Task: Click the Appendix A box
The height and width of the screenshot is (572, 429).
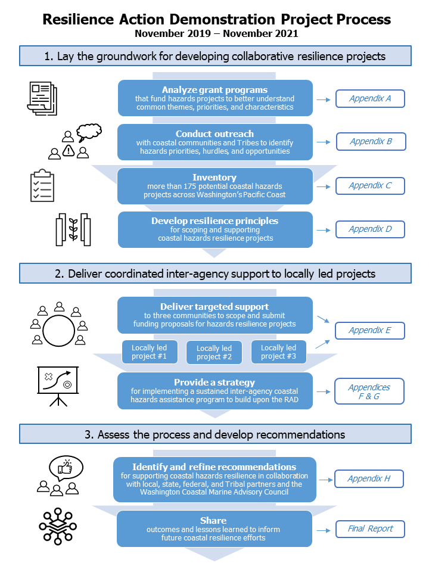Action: [x=370, y=98]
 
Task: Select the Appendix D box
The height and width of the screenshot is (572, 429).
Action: [x=370, y=229]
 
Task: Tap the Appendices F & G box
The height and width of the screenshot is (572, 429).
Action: [x=369, y=391]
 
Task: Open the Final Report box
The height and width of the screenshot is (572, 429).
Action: [x=370, y=529]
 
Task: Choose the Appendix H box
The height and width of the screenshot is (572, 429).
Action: [x=369, y=478]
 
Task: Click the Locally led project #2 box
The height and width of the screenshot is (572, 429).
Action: [x=214, y=352]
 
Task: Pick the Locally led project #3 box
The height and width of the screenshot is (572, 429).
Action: [x=279, y=352]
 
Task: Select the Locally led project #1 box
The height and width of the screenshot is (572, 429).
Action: [x=150, y=352]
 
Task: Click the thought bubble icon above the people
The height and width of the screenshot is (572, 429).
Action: [x=89, y=132]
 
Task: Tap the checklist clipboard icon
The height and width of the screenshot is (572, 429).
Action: [x=42, y=185]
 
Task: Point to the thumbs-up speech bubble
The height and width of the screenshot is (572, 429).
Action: [x=66, y=468]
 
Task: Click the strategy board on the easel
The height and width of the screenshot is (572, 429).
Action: [x=58, y=380]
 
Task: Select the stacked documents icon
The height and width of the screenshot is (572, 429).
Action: [x=42, y=98]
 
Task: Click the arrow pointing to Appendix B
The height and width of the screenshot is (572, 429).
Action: [x=323, y=142]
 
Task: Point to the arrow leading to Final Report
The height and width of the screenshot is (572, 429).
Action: [x=323, y=530]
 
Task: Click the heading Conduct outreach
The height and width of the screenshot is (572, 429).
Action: [x=214, y=134]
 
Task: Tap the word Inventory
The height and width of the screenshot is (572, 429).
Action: [x=214, y=178]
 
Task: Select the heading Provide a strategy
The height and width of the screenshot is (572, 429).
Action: [x=214, y=383]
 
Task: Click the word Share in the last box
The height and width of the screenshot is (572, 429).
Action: [x=213, y=521]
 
